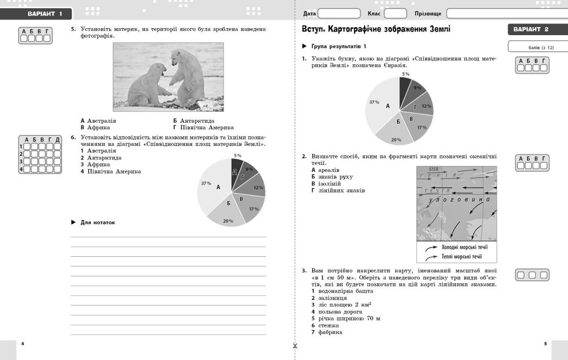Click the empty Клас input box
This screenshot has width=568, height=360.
pyautogui.click(x=395, y=14)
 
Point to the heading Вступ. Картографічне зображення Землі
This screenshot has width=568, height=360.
pyautogui.click(x=375, y=29)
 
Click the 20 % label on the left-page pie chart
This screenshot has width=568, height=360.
pyautogui.click(x=228, y=221)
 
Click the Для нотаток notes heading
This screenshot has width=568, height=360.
pyautogui.click(x=97, y=222)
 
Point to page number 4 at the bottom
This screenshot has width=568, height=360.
pyautogui.click(x=22, y=344)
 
